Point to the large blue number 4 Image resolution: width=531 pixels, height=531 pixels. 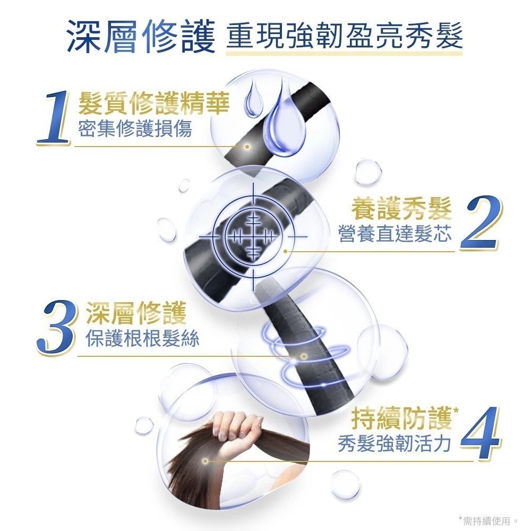[481, 433]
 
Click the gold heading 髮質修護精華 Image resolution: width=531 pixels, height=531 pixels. [154, 103]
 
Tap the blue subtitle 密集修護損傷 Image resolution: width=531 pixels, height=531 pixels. [135, 129]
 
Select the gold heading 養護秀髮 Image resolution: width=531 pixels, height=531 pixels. [401, 209]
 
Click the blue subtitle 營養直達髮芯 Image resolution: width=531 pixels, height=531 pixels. [395, 234]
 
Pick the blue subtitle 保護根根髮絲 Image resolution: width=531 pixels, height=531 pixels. [142, 338]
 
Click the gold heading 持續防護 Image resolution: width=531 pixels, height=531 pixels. [401, 419]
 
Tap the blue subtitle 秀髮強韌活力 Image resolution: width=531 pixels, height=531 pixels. [395, 443]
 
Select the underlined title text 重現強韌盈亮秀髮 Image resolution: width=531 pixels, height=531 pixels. [344, 36]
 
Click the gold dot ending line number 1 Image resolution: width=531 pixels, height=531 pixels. [247, 147]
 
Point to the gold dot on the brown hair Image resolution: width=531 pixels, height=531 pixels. [205, 461]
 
